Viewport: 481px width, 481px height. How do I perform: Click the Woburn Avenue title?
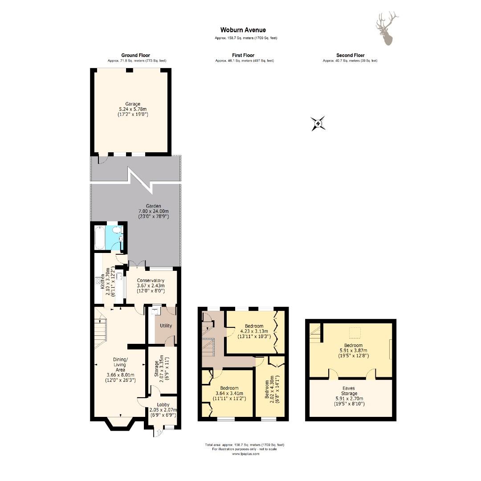coord(243,30)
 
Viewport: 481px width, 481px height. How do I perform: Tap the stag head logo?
coord(387,29)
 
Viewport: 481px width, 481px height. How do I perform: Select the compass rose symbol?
coord(318,124)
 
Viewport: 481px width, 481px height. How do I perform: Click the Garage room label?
coord(133,104)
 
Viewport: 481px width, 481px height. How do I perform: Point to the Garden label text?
coord(153,206)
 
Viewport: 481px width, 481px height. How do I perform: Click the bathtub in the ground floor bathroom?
coord(99,238)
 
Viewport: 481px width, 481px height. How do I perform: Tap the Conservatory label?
coord(151,281)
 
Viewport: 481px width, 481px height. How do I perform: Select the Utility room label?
coord(166,326)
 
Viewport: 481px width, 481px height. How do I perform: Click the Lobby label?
coord(163,405)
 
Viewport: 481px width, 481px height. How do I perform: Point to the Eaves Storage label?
coord(349,391)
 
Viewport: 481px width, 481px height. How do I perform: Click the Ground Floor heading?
coord(135,56)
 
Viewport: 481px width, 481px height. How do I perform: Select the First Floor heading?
coord(243,56)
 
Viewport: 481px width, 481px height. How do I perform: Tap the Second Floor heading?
coord(351,56)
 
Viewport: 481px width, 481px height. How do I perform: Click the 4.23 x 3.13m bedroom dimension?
coord(254,331)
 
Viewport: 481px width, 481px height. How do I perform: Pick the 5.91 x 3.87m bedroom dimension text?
coord(353,351)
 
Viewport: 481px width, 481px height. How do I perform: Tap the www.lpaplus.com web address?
coord(245,454)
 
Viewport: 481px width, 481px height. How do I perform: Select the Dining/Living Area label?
coord(120,364)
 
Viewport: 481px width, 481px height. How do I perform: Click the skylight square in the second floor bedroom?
coord(355,333)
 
